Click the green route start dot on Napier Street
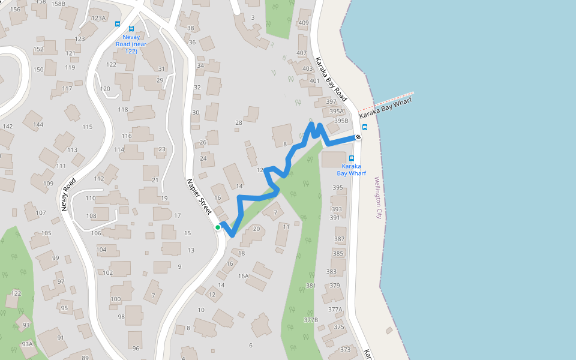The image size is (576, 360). click(218, 227)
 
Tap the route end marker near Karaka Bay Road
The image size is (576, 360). click(358, 137)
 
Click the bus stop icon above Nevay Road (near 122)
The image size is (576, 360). click(131, 28)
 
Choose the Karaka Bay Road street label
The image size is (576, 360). click(331, 79)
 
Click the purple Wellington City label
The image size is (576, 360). click(378, 197)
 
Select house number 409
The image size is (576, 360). click(303, 23)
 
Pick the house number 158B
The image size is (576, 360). click(58, 4)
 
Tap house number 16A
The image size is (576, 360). click(243, 276)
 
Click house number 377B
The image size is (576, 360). click(311, 320)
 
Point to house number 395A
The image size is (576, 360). click(337, 112)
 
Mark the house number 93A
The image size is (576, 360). click(27, 344)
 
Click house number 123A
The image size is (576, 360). click(98, 18)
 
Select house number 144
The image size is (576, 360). click(38, 125)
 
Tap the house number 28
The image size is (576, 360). click(238, 122)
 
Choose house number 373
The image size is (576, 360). click(345, 350)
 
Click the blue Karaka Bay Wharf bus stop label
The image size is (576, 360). click(351, 169)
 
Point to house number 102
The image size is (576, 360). click(108, 273)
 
